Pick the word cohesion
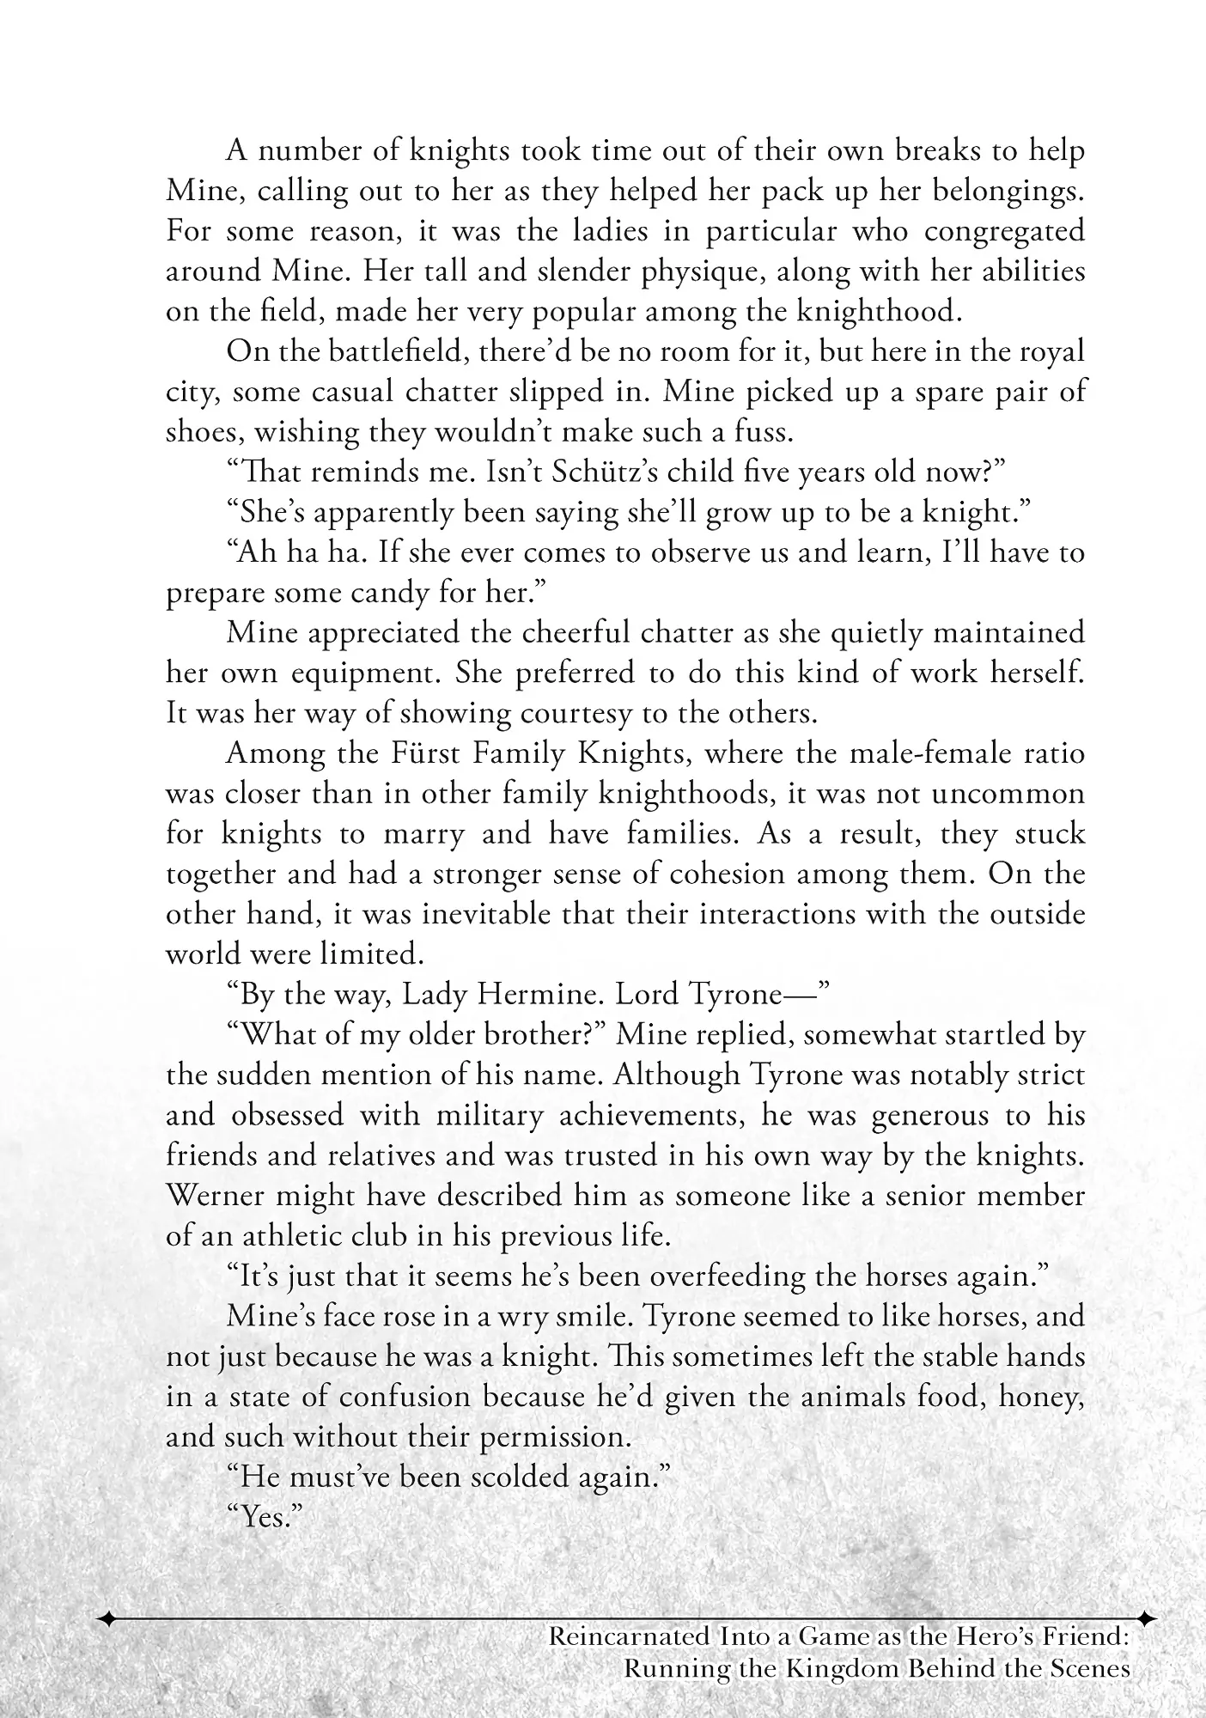729,874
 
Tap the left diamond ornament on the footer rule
108,1619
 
